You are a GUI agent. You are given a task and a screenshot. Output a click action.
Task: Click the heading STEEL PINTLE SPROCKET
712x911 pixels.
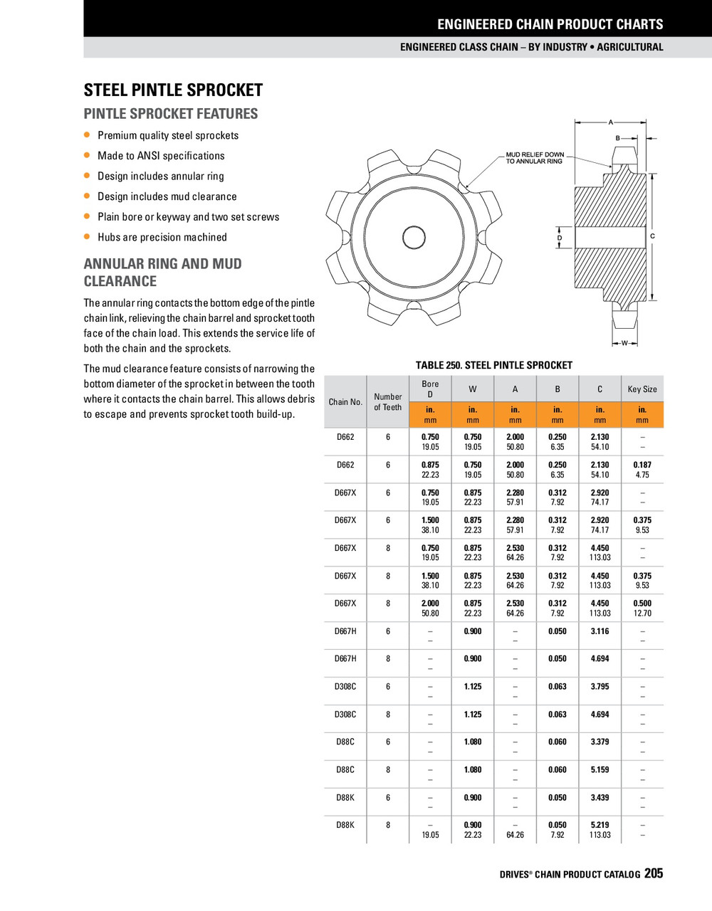[x=173, y=90]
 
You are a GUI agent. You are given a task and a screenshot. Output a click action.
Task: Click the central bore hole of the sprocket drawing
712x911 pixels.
[x=413, y=237]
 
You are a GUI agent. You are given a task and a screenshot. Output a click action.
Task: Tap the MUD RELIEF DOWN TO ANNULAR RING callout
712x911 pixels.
[x=535, y=157]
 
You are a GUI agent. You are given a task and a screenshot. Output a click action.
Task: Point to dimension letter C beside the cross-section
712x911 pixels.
[x=652, y=236]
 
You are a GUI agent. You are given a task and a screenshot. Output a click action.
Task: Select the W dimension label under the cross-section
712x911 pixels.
[x=624, y=343]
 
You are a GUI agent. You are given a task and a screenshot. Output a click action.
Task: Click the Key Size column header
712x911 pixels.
[x=642, y=389]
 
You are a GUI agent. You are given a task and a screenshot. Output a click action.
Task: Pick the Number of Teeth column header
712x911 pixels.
[x=388, y=402]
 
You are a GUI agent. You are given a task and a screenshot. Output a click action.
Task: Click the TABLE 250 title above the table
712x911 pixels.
[x=493, y=365]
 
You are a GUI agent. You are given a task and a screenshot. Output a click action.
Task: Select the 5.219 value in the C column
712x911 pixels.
[x=600, y=826]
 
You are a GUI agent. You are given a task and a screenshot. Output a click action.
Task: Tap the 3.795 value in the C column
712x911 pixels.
[x=600, y=687]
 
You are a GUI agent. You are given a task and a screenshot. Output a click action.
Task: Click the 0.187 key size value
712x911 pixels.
[x=642, y=465]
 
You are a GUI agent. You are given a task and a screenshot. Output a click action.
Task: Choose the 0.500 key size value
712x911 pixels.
[x=642, y=604]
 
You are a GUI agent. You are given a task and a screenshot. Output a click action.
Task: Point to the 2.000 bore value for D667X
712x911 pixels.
[x=430, y=604]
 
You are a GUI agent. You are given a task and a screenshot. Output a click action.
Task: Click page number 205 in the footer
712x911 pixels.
[x=654, y=873]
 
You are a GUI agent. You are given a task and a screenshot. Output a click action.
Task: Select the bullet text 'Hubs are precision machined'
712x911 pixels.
[x=162, y=237]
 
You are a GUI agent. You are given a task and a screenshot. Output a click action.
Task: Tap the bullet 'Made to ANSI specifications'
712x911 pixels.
[x=161, y=156]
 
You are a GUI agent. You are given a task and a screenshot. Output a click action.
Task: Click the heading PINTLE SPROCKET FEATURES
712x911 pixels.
[x=171, y=114]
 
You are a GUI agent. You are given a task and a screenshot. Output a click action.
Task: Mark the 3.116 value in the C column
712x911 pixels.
[x=600, y=631]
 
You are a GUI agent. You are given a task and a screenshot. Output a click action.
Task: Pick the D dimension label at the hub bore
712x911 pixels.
[x=560, y=238]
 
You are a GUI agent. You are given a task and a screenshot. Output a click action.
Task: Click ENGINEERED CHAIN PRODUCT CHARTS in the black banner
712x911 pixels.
[x=550, y=24]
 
